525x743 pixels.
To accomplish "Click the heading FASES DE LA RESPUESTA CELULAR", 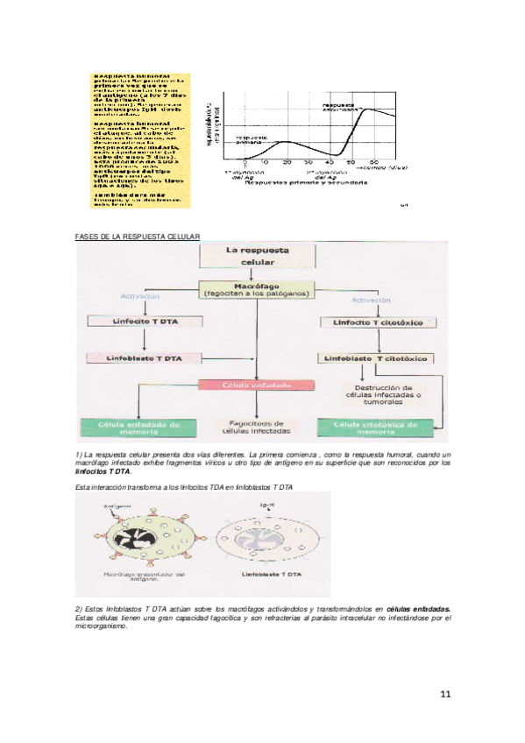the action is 138,236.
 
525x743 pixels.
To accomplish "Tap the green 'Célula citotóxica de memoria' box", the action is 374,427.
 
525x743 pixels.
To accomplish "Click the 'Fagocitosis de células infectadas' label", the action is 254,428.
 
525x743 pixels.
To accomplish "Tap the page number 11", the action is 445,695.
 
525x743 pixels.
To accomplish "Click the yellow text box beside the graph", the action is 141,139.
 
